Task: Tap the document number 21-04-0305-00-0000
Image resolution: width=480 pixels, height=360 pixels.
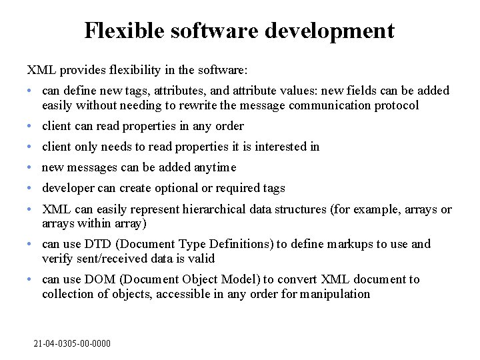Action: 72,343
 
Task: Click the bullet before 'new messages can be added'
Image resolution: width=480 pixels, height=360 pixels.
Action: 31,167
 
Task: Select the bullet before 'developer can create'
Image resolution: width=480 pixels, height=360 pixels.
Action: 31,188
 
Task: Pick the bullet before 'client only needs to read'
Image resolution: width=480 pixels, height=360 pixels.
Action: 31,147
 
